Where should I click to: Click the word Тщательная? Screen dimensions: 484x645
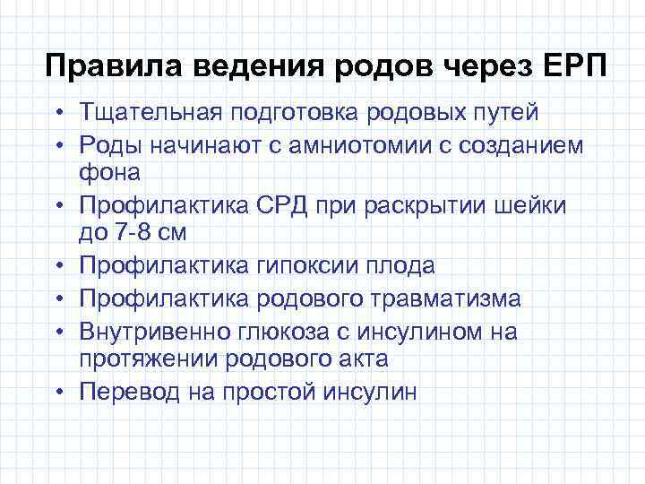click(x=149, y=114)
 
